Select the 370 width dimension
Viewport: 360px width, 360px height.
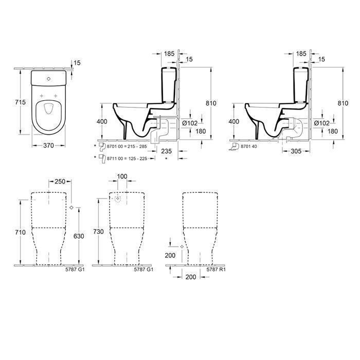click(48, 146)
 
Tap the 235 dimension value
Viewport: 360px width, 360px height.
click(166, 151)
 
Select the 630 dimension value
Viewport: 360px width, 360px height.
click(78, 237)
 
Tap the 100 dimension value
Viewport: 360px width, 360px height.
click(121, 177)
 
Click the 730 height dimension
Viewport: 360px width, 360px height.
click(98, 232)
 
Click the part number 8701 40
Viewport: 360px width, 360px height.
click(248, 147)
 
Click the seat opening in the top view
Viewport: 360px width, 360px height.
click(48, 109)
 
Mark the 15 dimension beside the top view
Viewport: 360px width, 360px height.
click(78, 63)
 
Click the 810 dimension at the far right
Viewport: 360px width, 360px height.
click(343, 103)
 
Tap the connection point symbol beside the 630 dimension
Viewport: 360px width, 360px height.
click(71, 207)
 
